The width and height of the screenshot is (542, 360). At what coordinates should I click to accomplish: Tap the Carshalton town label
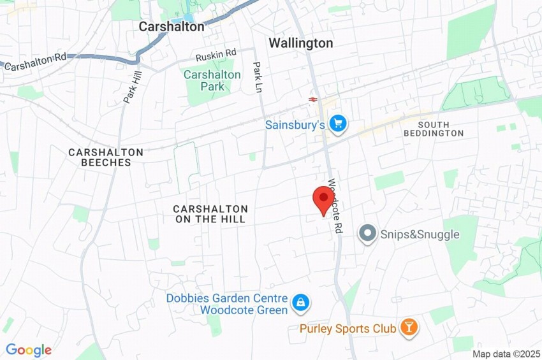172,27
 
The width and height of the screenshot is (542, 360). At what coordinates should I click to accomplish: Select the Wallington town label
300,43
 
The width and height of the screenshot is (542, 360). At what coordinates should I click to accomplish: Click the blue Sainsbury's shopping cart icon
339,124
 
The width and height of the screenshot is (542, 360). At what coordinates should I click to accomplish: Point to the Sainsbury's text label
296,125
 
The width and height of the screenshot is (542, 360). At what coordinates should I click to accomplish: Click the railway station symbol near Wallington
313,99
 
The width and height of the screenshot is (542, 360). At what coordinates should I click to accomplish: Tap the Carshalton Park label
212,80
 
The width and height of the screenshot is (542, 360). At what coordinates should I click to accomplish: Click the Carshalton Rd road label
35,64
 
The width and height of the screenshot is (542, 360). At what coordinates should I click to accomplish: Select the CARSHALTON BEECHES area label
106,157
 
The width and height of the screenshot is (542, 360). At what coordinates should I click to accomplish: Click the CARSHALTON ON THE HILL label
210,213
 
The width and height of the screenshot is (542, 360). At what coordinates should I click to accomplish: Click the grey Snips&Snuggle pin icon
367,234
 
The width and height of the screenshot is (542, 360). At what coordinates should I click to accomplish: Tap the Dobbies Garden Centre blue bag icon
300,303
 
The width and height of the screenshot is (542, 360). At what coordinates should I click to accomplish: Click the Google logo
29,350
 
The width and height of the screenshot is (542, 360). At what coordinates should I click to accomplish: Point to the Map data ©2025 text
506,354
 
